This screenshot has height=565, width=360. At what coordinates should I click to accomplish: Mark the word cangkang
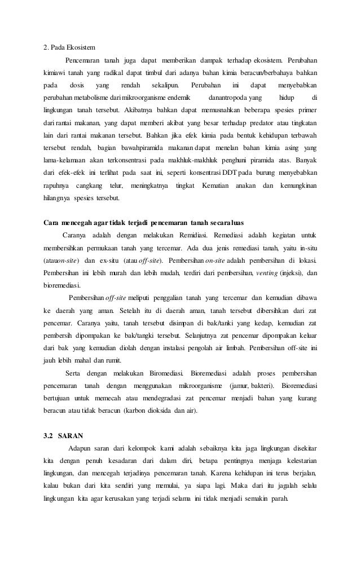click(x=89, y=185)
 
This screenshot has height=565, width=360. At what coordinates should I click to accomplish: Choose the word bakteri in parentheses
click(x=264, y=386)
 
